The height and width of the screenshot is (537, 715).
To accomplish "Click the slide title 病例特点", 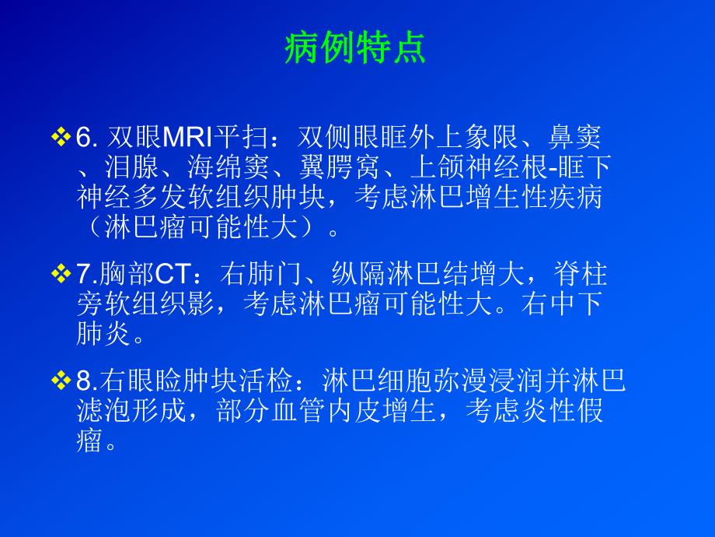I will point(357,48).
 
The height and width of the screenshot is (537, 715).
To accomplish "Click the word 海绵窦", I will point(227,166).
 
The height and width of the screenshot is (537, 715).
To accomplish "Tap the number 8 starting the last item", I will point(84,381).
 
